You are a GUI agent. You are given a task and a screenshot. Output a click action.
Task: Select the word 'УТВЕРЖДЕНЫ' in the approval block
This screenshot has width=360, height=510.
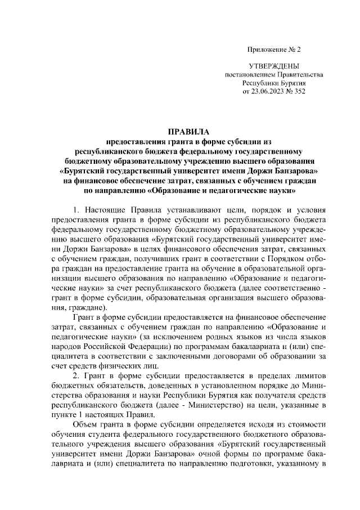274,66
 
